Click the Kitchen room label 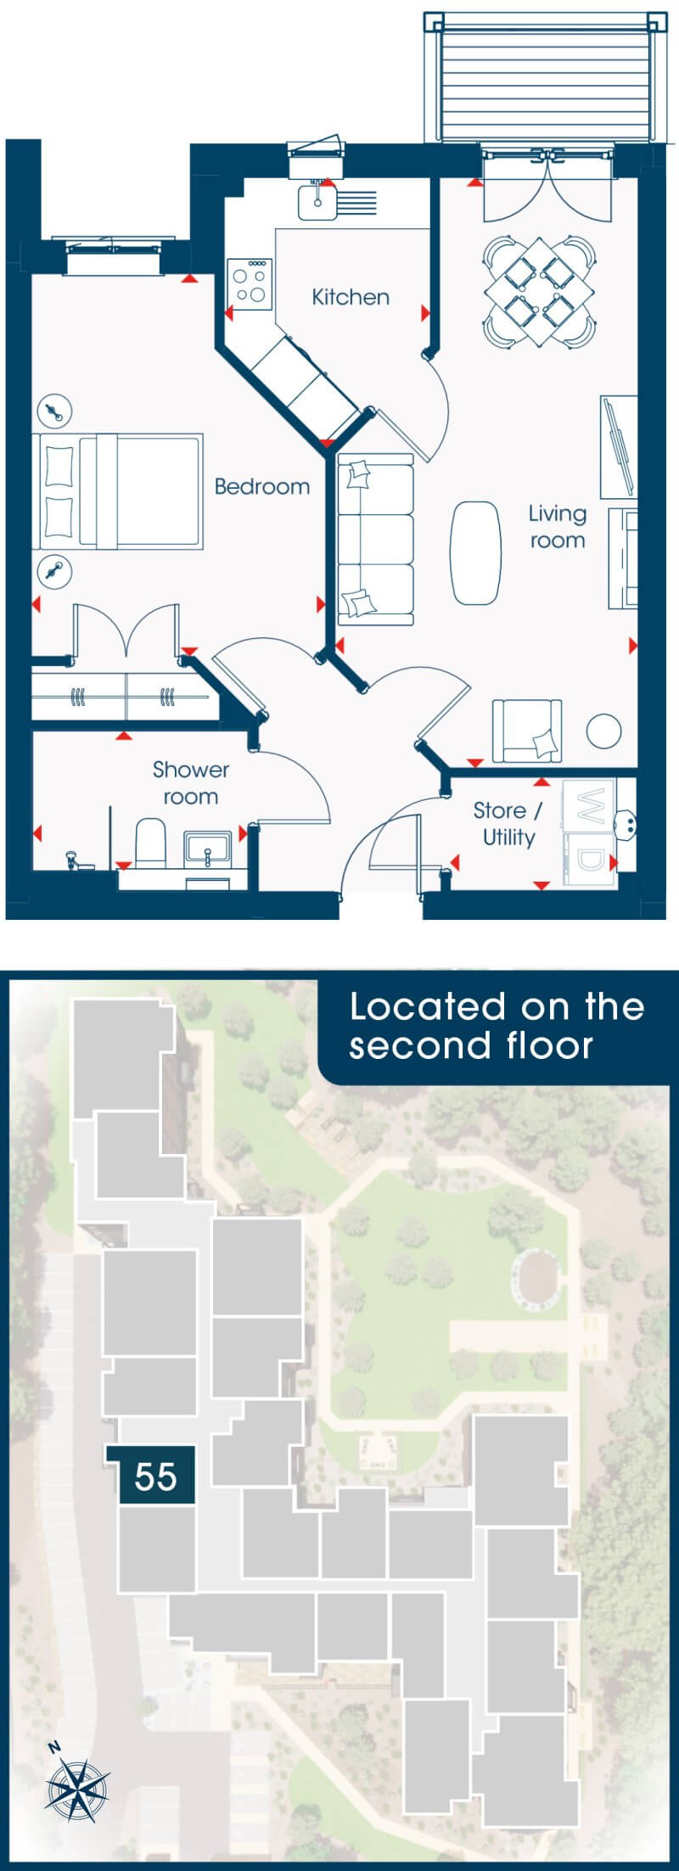(x=351, y=297)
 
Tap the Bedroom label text (x=261, y=486)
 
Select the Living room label (x=558, y=527)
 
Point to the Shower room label (x=191, y=783)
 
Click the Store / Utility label (x=508, y=823)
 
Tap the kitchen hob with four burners (x=250, y=283)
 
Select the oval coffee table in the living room (x=475, y=552)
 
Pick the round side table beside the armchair (x=604, y=731)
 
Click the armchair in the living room (x=527, y=731)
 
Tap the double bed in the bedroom (x=119, y=490)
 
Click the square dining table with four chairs (x=537, y=291)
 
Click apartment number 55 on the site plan (x=155, y=1476)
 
